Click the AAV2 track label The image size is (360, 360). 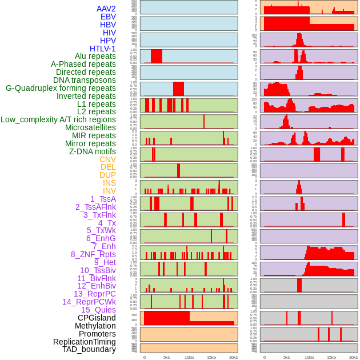point(106,9)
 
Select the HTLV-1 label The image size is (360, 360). point(102,49)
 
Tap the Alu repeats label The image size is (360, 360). point(95,57)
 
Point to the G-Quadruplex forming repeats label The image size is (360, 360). point(61,88)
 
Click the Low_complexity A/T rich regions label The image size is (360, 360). point(58,119)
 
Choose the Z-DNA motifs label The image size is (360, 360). point(92,151)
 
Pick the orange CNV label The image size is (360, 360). point(107,159)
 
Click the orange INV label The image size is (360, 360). point(109,191)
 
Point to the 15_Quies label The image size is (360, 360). point(98,310)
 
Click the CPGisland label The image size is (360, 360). point(97,318)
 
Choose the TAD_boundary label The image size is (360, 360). point(89,349)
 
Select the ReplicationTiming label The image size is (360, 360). point(85,342)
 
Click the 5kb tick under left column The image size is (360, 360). point(167,357)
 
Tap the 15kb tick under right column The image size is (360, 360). point(331,357)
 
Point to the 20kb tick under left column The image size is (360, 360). point(233,357)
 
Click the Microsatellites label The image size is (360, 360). point(90,127)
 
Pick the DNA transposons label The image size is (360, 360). point(85,80)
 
